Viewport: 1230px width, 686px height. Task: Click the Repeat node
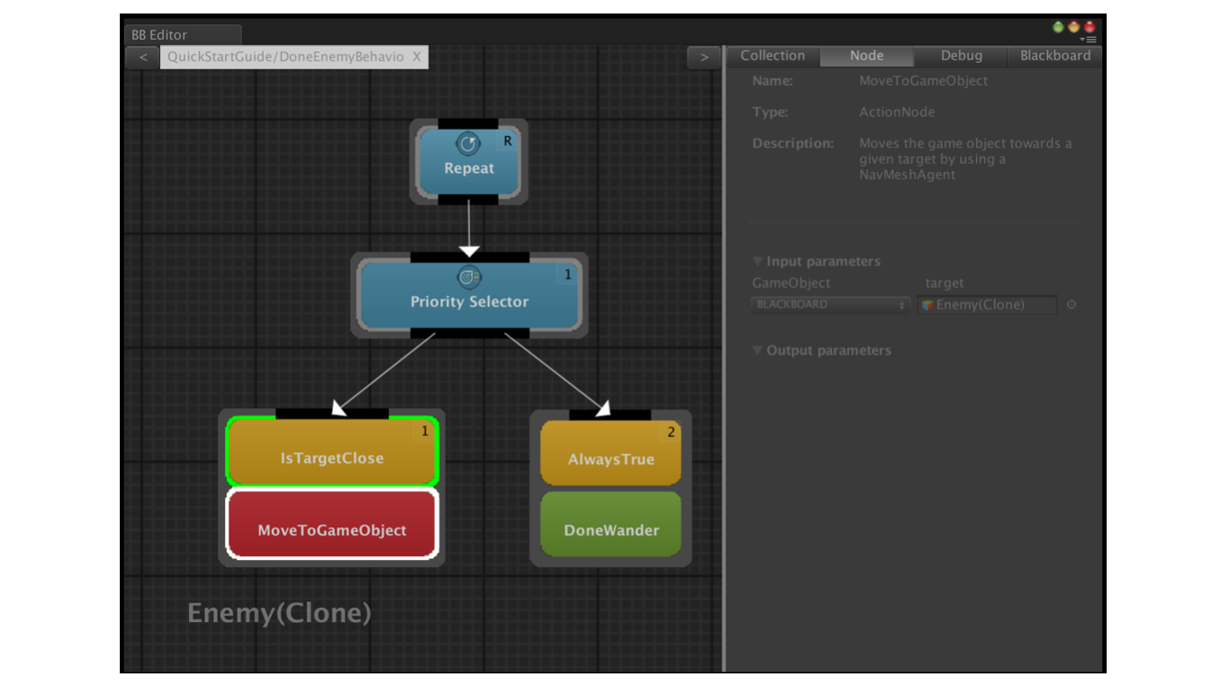tap(468, 162)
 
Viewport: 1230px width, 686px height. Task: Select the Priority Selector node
tap(469, 295)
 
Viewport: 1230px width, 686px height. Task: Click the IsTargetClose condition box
tap(332, 451)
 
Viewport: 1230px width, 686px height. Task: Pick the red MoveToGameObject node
tap(332, 524)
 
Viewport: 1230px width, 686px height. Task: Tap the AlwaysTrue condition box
tap(610, 453)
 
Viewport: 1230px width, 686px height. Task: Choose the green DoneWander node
tap(610, 524)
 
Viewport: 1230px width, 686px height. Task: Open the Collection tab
tap(773, 56)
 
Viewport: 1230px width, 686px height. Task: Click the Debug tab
tap(961, 56)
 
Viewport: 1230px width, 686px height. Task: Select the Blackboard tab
tap(1054, 56)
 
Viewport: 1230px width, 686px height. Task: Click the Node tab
tap(866, 56)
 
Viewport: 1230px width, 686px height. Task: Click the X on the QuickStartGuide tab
tap(417, 57)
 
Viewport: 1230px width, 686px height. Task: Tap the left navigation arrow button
tap(143, 57)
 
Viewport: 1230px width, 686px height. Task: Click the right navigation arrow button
tap(704, 57)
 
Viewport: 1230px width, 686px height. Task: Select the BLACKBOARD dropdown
tap(830, 304)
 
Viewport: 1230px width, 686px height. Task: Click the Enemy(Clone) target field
tap(987, 304)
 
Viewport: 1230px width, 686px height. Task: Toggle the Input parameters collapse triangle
tap(757, 261)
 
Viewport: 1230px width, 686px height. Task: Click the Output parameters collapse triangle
tap(757, 349)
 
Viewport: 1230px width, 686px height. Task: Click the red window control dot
tap(1090, 26)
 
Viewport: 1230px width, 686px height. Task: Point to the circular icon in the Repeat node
tap(468, 144)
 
